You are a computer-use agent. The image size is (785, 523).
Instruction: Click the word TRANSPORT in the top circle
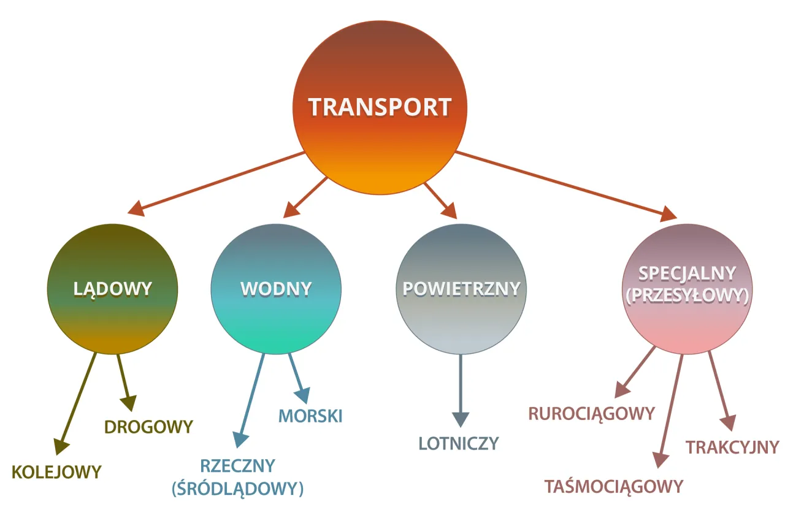click(x=380, y=107)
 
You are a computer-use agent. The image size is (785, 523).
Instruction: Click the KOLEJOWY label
click(x=56, y=471)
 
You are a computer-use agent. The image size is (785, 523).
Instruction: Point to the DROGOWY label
click(x=148, y=426)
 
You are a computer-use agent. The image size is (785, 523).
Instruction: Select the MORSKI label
click(x=310, y=416)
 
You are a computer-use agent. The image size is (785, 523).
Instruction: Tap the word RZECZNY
click(x=238, y=466)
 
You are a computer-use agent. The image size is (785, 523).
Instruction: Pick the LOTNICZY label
click(x=459, y=443)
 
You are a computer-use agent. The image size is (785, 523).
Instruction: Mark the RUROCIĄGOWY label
click(x=592, y=414)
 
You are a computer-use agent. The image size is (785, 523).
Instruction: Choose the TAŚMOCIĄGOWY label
click(x=613, y=486)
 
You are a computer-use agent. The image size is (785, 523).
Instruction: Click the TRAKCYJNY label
click(x=732, y=447)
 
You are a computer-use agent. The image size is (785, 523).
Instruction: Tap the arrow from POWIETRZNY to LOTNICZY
click(x=461, y=386)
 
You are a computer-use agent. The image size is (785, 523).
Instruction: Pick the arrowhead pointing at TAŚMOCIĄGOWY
click(x=659, y=460)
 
